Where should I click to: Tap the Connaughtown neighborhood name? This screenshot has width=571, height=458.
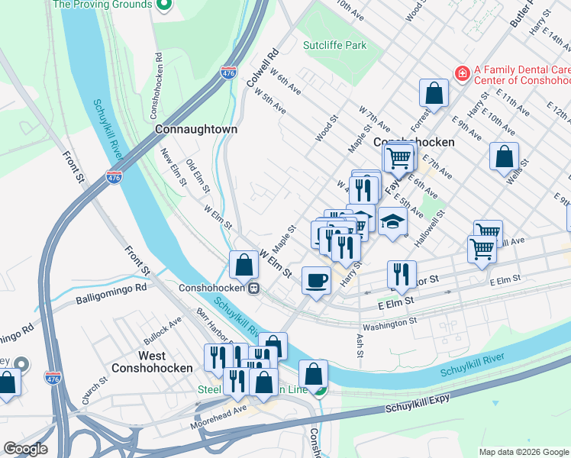195,130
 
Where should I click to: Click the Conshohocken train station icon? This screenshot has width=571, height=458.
252,289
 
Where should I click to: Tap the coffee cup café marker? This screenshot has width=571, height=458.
316,279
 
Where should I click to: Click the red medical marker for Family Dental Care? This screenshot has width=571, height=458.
461,73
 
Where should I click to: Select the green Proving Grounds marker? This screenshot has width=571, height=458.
163,5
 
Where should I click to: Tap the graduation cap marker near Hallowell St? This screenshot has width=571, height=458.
392,222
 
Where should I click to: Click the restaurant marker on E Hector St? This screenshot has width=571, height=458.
401,273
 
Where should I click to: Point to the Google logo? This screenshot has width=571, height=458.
25,449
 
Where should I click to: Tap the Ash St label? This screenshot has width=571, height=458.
359,341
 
